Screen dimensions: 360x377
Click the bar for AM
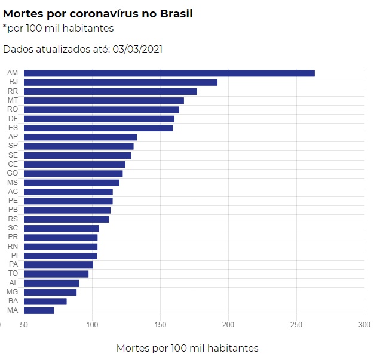pyautogui.click(x=169, y=73)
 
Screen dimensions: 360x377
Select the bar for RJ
pyautogui.click(x=121, y=82)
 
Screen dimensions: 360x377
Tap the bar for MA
pyautogui.click(x=39, y=310)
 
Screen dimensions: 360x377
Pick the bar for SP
pyautogui.click(x=79, y=146)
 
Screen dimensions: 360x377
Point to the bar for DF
pyautogui.click(x=99, y=119)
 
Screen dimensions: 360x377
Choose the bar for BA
pyautogui.click(x=45, y=301)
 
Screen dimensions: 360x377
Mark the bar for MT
pyautogui.click(x=104, y=100)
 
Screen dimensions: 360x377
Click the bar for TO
pyautogui.click(x=56, y=274)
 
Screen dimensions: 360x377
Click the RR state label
pyautogui.click(x=13, y=91)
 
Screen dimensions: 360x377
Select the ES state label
pyautogui.click(x=13, y=128)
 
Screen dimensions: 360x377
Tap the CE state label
pyautogui.click(x=13, y=164)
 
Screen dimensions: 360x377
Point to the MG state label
pyautogui.click(x=13, y=292)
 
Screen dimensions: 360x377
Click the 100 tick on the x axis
pyautogui.click(x=92, y=324)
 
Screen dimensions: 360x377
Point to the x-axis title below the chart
pyautogui.click(x=187, y=348)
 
